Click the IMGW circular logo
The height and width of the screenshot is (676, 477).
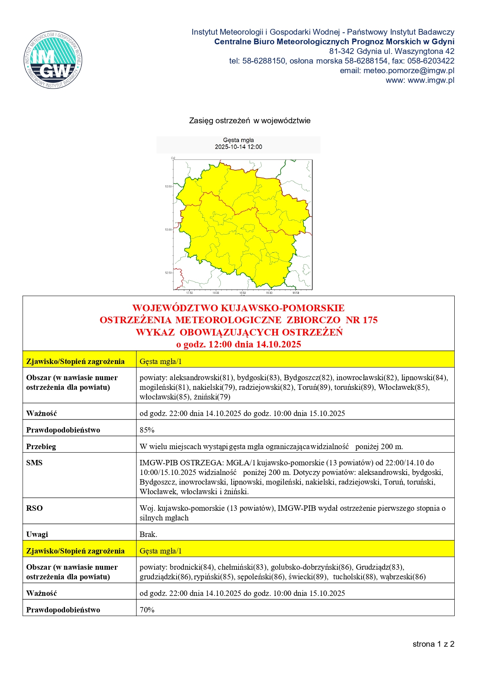pyautogui.click(x=53, y=60)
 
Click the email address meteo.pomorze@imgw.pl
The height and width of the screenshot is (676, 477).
pyautogui.click(x=409, y=70)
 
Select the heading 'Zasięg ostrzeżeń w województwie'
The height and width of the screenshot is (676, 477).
pyautogui.click(x=250, y=121)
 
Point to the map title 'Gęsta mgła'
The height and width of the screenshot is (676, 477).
pyautogui.click(x=238, y=140)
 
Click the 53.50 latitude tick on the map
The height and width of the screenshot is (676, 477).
pyautogui.click(x=168, y=186)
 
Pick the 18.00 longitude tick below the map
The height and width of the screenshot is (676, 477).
pyautogui.click(x=216, y=293)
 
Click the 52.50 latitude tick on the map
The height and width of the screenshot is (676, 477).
pyautogui.click(x=168, y=273)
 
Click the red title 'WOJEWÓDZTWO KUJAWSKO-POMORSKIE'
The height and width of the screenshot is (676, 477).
pyautogui.click(x=238, y=308)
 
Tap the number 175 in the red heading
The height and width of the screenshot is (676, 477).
pyautogui.click(x=370, y=320)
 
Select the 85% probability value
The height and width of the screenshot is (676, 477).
pyautogui.click(x=147, y=430)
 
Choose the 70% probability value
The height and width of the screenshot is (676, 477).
pyautogui.click(x=147, y=610)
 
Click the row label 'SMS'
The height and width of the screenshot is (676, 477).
pyautogui.click(x=34, y=463)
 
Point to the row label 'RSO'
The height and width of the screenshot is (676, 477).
pyautogui.click(x=34, y=508)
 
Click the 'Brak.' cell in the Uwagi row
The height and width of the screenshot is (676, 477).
pyautogui.click(x=148, y=534)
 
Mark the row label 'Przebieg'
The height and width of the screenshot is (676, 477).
pyautogui.click(x=41, y=447)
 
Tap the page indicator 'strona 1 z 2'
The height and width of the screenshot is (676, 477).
pyautogui.click(x=433, y=644)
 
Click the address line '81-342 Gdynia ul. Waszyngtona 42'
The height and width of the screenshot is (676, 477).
pyautogui.click(x=392, y=51)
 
